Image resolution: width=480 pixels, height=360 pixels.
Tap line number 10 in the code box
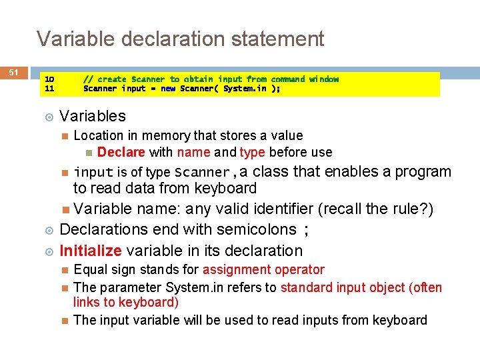tap(49, 79)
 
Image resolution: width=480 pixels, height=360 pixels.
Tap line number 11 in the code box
tap(49, 88)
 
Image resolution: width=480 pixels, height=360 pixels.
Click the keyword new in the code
tap(168, 88)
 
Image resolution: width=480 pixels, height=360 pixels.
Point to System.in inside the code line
tap(245, 88)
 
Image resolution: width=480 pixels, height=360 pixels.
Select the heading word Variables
tap(93, 116)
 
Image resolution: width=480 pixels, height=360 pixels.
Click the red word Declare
tap(121, 152)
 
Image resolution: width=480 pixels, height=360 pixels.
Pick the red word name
tap(193, 152)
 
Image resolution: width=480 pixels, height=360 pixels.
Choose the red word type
tap(253, 152)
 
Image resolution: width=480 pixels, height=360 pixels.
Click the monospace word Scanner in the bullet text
tap(202, 172)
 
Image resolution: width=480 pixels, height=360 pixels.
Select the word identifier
tap(279, 209)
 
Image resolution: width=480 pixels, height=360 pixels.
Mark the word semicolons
tap(254, 229)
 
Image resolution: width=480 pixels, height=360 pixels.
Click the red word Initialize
tap(91, 251)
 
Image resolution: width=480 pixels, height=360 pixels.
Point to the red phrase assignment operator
tap(263, 269)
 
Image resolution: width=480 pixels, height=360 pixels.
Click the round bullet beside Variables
tap(48, 116)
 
